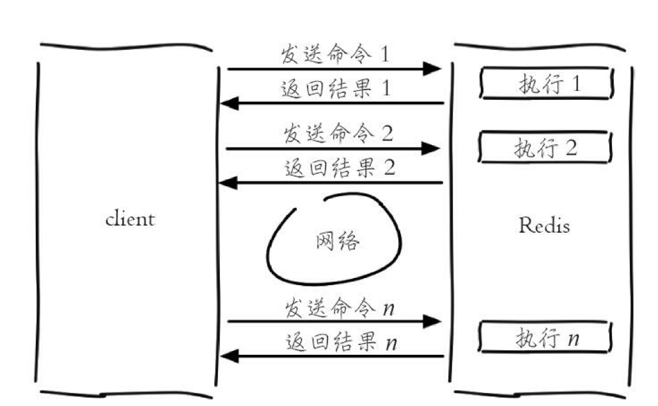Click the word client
[130, 219]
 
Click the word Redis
[544, 225]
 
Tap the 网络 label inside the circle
[338, 241]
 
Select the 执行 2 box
[545, 148]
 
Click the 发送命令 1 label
[334, 54]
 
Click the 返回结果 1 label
[335, 88]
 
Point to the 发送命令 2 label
[338, 134]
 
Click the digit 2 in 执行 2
[570, 148]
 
